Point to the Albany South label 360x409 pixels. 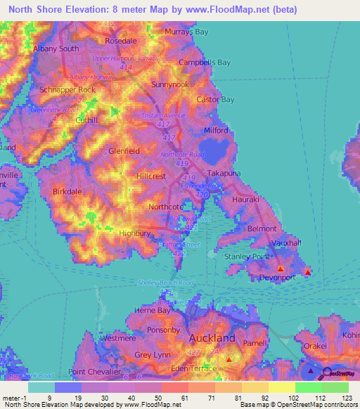point(56,48)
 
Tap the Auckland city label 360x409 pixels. point(211,338)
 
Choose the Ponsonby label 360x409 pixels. point(163,330)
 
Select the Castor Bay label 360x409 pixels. point(215,100)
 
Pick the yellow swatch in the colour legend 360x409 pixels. point(282,387)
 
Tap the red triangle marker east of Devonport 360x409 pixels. point(307,271)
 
